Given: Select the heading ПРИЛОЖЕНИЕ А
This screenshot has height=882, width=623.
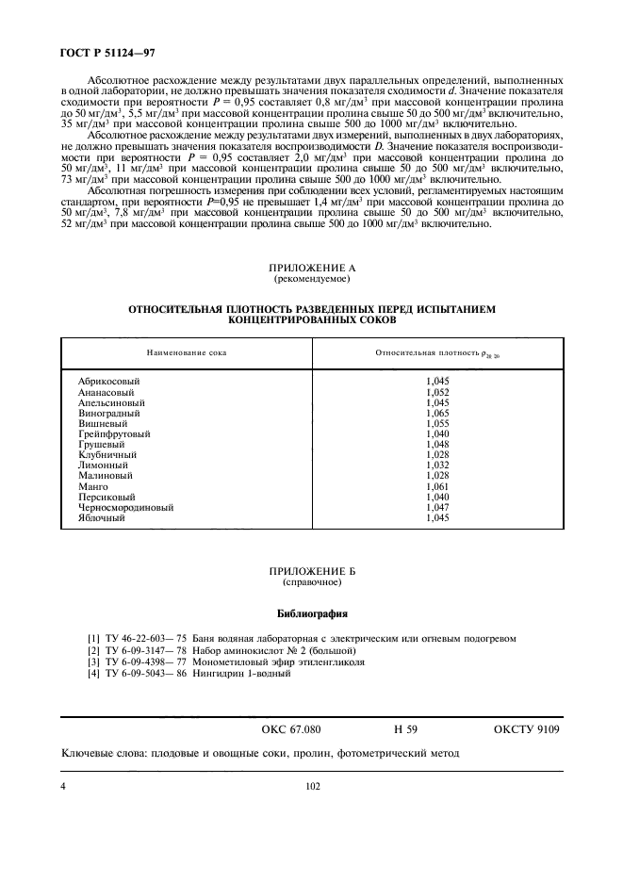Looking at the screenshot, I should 311,268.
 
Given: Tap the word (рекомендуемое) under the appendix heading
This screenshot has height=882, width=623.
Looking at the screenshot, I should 311,280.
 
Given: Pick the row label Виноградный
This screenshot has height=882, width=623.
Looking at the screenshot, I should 109,413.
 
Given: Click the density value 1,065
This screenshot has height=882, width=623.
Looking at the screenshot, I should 437,413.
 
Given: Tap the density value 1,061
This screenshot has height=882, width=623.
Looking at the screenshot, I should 437,485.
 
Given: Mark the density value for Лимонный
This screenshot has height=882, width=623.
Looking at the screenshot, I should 437,465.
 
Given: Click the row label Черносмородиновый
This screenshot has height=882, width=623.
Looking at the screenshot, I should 126,507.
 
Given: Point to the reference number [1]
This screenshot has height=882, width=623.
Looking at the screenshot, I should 93,638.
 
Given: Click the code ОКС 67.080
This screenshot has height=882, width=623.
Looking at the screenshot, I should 291,729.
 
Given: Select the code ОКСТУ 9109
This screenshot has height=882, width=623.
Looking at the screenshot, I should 527,729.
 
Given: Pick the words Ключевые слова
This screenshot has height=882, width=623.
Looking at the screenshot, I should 100,754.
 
